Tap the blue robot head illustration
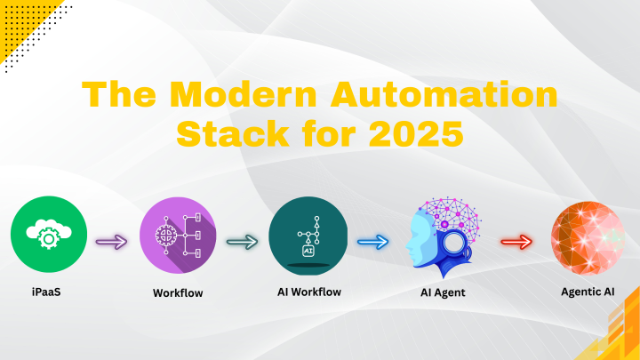coord(440,236)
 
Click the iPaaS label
coord(49,292)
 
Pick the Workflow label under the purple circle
coord(178,292)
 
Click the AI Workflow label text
coord(308,292)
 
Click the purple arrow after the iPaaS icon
coord(113,240)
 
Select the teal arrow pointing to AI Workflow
coord(242,240)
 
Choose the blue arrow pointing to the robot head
coord(372,240)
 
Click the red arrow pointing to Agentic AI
coord(516,240)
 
